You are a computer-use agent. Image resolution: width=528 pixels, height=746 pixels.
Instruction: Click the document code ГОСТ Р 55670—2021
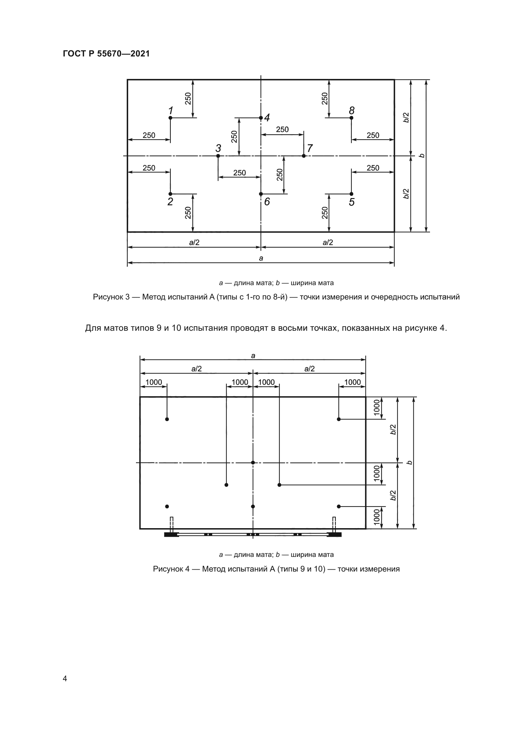106,54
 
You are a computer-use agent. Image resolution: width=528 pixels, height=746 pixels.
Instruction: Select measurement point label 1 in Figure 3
170,110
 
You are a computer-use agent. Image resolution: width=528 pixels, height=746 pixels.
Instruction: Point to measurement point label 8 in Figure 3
351,110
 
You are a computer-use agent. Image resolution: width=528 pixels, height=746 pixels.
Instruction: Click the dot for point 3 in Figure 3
218,156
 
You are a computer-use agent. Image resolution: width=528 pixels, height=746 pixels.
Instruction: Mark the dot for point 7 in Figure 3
304,156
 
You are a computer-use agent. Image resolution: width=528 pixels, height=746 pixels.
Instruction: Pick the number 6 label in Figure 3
267,202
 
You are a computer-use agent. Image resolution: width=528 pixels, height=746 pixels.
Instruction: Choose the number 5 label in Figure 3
351,202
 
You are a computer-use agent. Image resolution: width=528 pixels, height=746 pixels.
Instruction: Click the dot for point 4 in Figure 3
261,118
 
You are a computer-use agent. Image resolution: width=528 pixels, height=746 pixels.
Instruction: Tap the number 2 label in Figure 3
170,202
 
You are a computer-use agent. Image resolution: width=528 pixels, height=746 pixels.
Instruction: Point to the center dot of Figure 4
253,462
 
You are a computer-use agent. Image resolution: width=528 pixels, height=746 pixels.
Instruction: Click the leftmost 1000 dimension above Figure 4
154,382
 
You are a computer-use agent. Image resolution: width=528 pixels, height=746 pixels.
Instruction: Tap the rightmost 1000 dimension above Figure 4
352,382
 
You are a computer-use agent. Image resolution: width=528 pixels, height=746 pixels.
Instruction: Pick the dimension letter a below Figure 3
261,258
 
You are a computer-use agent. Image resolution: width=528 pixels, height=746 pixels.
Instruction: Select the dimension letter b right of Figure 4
410,462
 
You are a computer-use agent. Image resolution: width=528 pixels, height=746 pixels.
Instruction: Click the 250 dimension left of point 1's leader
149,136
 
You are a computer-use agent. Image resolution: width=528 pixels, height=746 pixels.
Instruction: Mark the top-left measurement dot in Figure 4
167,419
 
